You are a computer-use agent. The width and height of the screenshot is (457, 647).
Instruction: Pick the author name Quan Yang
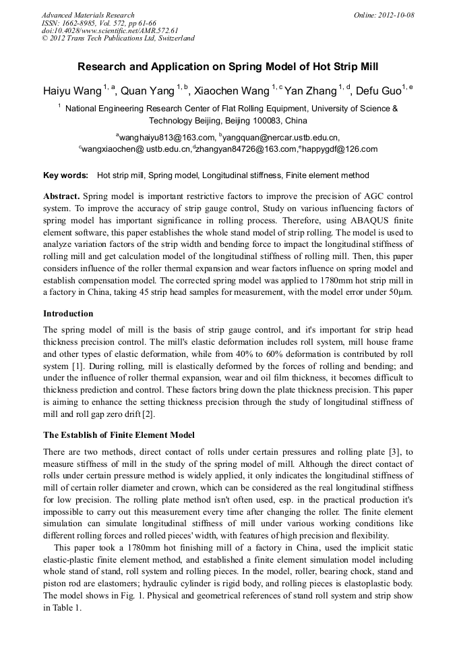(148, 91)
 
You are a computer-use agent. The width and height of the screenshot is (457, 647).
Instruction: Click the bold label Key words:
(65, 175)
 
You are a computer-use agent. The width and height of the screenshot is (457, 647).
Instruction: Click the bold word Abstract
(61, 195)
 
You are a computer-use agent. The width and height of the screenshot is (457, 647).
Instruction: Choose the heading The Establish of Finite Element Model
(119, 435)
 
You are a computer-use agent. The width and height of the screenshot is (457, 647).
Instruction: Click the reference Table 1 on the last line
(69, 609)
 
